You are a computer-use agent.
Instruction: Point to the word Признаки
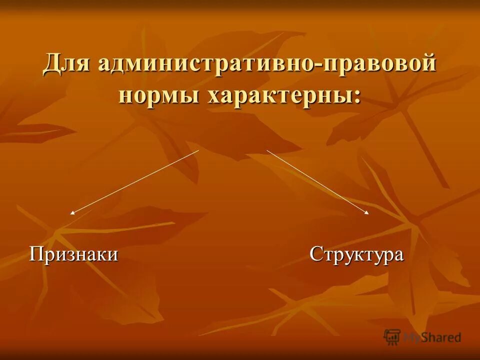click(x=74, y=254)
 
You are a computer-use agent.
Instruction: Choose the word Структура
click(x=356, y=254)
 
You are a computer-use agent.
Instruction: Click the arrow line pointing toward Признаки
click(x=135, y=181)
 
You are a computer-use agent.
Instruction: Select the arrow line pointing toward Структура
click(x=317, y=182)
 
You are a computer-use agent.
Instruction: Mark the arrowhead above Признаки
click(x=72, y=213)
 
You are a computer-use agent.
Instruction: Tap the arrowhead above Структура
click(x=367, y=213)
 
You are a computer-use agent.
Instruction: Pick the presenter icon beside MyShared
click(x=392, y=337)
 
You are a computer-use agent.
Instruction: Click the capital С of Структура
click(x=315, y=254)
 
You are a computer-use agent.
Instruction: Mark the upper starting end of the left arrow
click(x=198, y=150)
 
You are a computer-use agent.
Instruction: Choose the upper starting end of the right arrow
click(x=267, y=150)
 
